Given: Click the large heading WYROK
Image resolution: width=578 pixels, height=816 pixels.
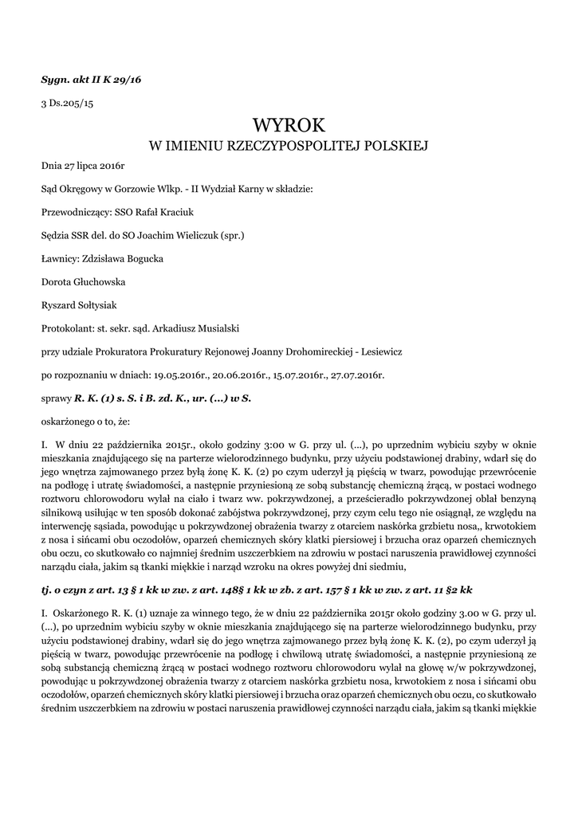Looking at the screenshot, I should tap(289, 125).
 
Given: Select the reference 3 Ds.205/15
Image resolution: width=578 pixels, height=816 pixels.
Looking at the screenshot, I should tap(67, 104).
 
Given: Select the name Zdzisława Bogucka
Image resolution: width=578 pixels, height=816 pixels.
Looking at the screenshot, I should tap(116, 259).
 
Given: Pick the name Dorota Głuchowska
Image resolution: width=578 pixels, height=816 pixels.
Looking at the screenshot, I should tap(83, 282).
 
